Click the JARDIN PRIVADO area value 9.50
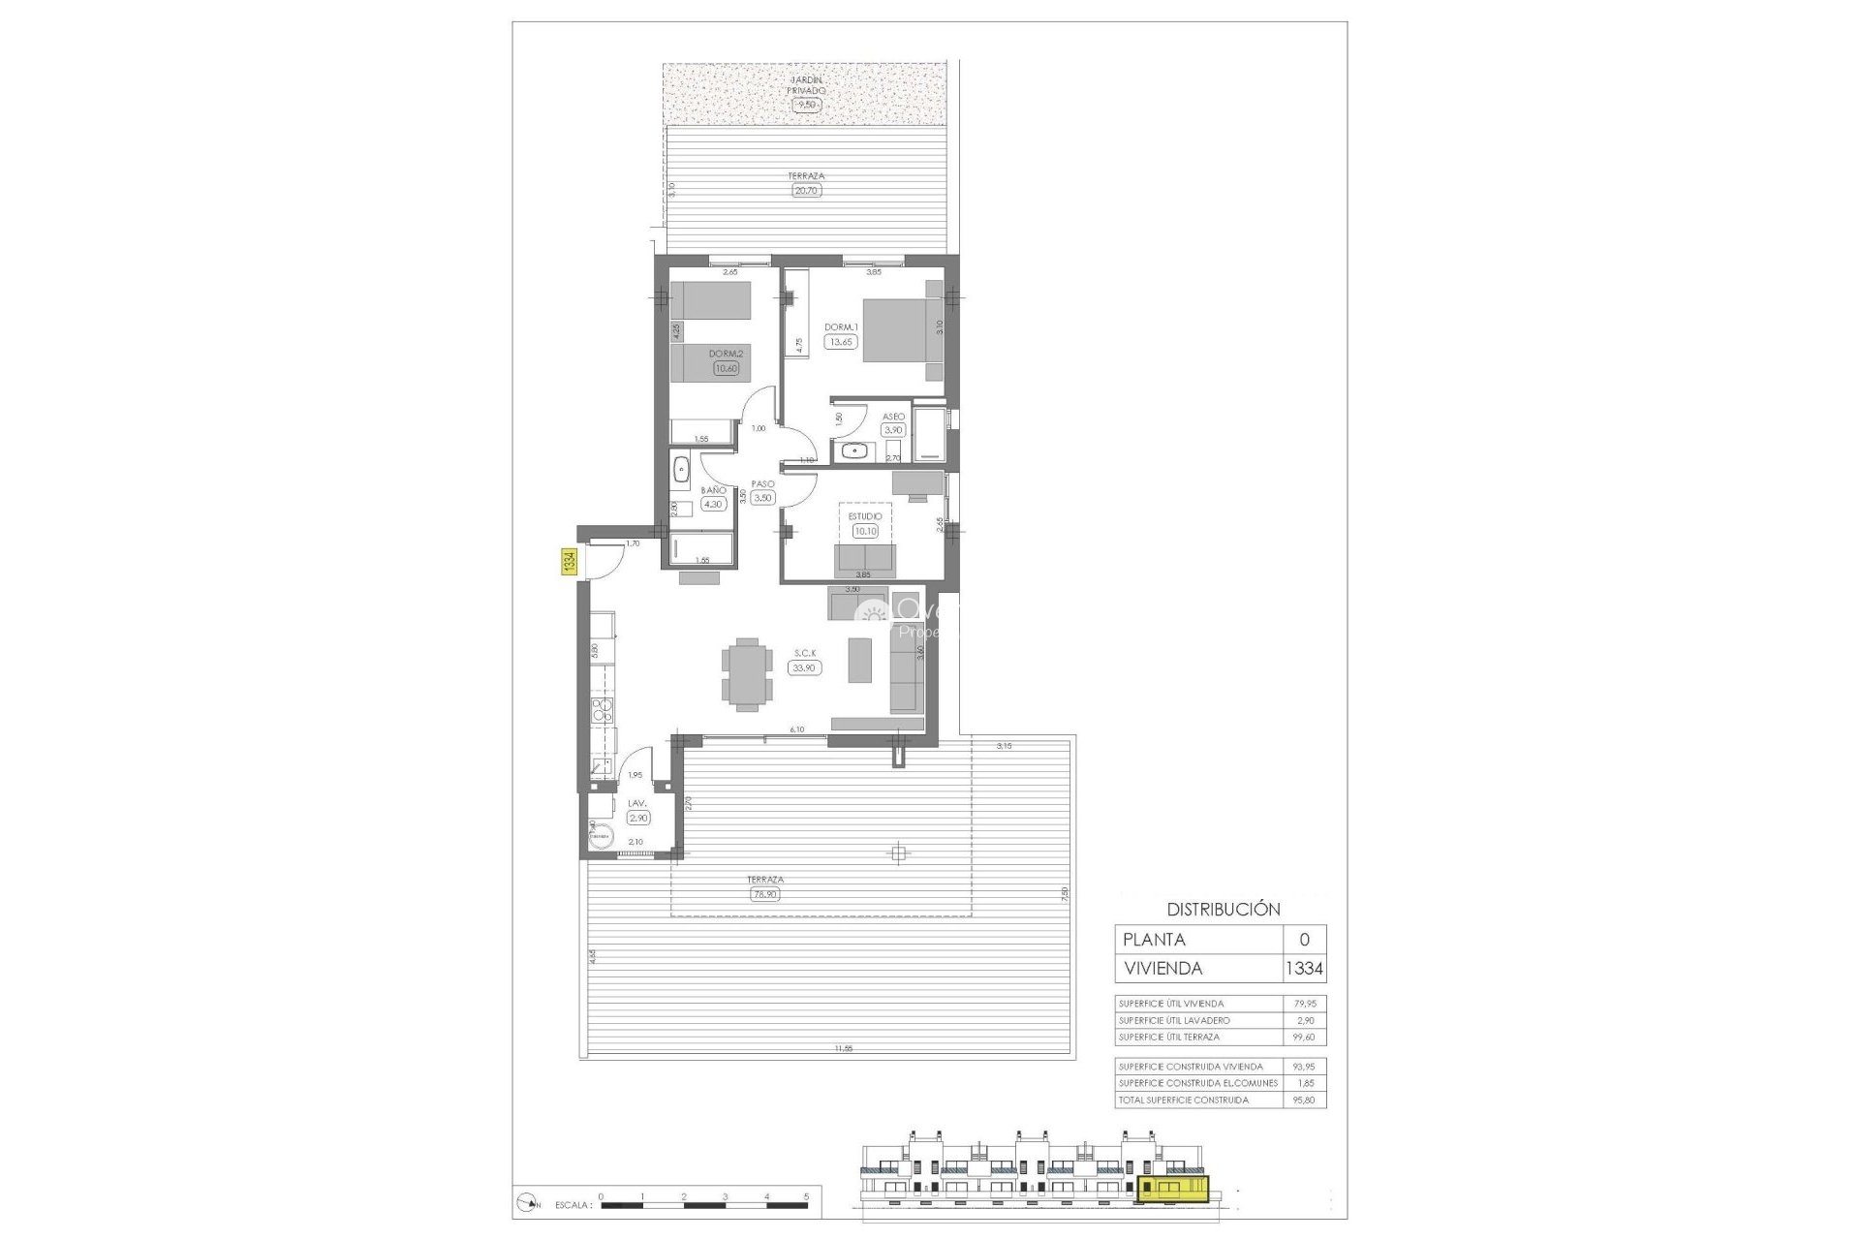click(806, 105)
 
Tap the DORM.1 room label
click(841, 327)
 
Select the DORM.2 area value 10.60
click(726, 368)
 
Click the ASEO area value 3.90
click(892, 430)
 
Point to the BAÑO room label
click(713, 490)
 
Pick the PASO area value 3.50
click(762, 498)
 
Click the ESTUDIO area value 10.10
click(865, 531)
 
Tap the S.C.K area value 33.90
click(804, 667)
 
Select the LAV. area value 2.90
click(637, 818)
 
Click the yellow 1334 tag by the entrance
click(570, 562)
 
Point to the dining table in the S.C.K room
click(747, 674)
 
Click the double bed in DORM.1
click(901, 330)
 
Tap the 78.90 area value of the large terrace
click(765, 894)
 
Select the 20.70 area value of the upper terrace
click(806, 191)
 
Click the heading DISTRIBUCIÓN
click(1223, 910)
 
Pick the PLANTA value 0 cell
click(1304, 940)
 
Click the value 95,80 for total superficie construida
click(1304, 1100)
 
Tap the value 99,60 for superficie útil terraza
click(1304, 1038)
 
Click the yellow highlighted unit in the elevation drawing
click(1174, 1189)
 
